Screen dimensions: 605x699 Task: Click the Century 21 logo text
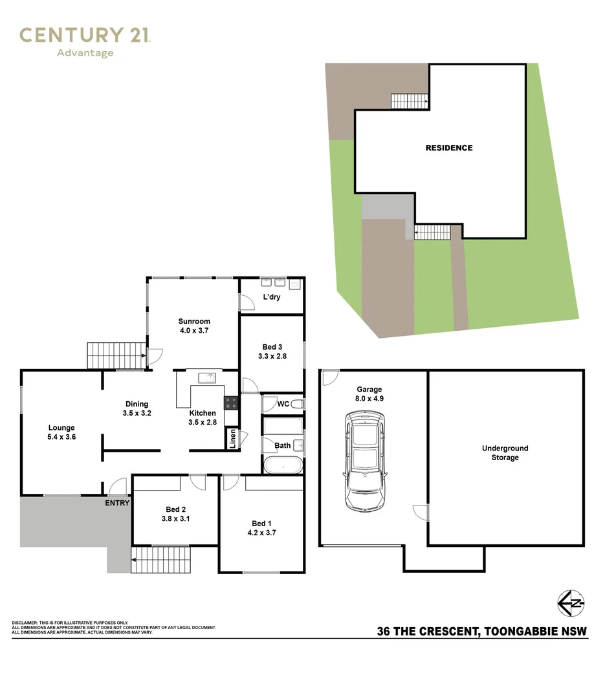[85, 35]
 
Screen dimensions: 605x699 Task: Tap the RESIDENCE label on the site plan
[449, 148]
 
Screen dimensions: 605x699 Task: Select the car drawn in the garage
[365, 461]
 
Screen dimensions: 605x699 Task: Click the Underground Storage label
[505, 453]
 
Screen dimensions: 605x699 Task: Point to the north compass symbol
[571, 604]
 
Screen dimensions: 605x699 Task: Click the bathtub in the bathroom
[283, 465]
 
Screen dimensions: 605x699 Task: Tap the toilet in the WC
[298, 405]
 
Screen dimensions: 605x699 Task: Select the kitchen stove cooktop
[231, 403]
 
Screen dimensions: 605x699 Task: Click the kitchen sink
[207, 378]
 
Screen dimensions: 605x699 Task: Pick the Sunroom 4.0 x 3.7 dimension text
[194, 331]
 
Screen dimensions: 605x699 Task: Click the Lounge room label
[61, 428]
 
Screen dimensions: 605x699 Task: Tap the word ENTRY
[117, 503]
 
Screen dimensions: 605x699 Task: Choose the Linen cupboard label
[232, 439]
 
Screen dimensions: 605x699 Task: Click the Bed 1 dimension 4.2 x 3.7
[261, 533]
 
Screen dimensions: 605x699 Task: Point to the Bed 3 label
[272, 347]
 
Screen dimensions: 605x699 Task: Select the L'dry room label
[272, 297]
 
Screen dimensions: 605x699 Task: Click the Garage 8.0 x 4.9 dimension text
[369, 399]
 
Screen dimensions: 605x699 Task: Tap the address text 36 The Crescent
[428, 631]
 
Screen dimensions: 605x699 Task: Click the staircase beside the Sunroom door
[117, 356]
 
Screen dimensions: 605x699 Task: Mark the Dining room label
[137, 405]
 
